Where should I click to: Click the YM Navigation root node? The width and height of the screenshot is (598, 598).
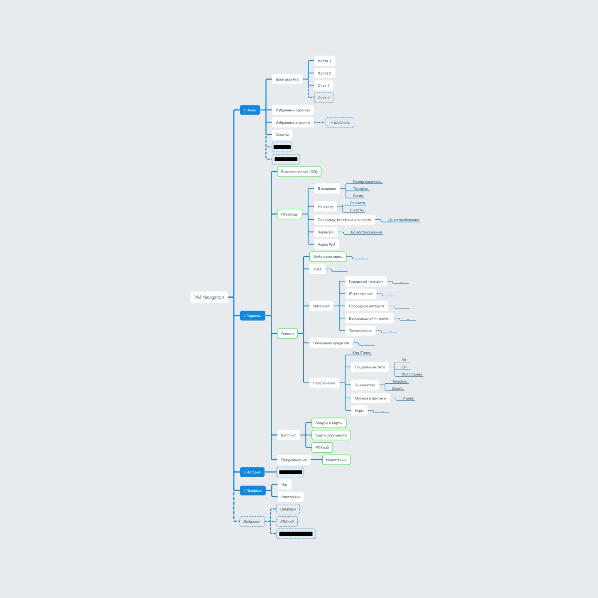tap(209, 297)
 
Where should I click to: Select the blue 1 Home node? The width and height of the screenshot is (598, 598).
tap(250, 110)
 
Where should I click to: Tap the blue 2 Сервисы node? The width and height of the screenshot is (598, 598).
tap(252, 316)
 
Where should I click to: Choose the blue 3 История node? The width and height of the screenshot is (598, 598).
tap(252, 472)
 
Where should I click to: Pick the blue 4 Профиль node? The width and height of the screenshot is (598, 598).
tap(252, 491)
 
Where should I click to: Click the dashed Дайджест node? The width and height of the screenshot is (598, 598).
tap(252, 522)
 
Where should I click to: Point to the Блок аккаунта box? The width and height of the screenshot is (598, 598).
tap(287, 79)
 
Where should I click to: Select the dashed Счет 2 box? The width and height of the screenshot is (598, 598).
tap(324, 98)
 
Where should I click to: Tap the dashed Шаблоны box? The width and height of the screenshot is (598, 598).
tap(340, 123)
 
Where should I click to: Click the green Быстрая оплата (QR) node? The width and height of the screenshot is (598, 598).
tap(299, 172)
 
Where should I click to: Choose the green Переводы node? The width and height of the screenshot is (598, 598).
tap(289, 214)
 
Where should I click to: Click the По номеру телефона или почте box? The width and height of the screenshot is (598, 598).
tap(344, 220)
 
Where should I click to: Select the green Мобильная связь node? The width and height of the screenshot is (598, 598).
tap(328, 257)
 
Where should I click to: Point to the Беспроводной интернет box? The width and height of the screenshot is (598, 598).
tap(369, 319)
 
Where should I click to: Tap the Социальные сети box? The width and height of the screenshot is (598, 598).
tap(370, 367)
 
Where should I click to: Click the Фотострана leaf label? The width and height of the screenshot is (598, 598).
tap(412, 374)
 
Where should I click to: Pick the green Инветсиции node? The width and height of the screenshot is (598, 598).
tap(336, 460)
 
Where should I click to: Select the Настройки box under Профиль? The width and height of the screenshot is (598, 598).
tap(290, 497)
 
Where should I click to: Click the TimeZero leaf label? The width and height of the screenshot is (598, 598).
tap(399, 381)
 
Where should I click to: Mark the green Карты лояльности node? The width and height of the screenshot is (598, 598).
tap(331, 435)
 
